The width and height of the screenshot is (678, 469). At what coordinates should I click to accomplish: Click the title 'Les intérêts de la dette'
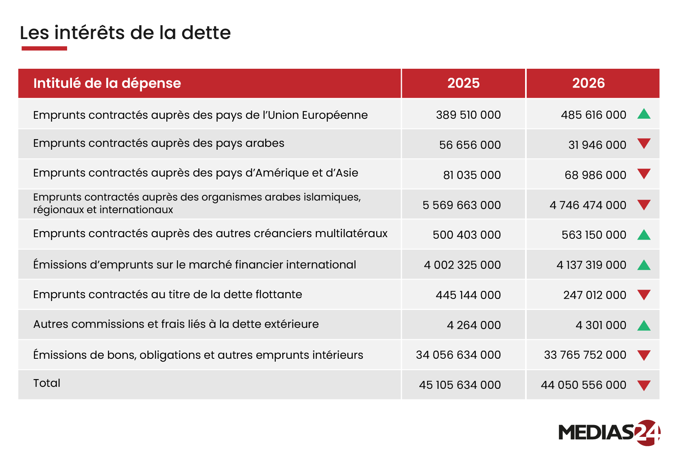pyautogui.click(x=125, y=33)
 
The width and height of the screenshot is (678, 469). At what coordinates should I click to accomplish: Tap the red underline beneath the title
pyautogui.click(x=44, y=48)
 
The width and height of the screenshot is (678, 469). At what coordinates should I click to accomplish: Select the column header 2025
pyautogui.click(x=463, y=83)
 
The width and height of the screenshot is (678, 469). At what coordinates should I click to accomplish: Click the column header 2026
pyautogui.click(x=588, y=83)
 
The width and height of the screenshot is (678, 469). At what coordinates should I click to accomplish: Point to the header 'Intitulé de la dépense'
pyautogui.click(x=107, y=83)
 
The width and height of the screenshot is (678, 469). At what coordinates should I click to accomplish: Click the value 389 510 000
pyautogui.click(x=468, y=115)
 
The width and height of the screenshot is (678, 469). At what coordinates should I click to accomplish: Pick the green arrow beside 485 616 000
pyautogui.click(x=644, y=114)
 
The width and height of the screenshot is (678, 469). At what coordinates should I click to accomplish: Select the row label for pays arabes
pyautogui.click(x=159, y=143)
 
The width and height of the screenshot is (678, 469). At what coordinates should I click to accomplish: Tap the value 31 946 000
pyautogui.click(x=597, y=145)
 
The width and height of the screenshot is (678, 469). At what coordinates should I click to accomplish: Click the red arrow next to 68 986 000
pyautogui.click(x=644, y=174)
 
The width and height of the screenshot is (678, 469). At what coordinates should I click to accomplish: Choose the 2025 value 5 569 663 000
pyautogui.click(x=462, y=205)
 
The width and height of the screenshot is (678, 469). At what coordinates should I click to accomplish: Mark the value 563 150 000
pyautogui.click(x=594, y=235)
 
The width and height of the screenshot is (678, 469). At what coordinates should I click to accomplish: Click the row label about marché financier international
pyautogui.click(x=194, y=265)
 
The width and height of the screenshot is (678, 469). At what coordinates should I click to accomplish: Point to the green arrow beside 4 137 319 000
pyautogui.click(x=644, y=265)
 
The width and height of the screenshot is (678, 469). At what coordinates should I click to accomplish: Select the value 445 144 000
pyautogui.click(x=468, y=295)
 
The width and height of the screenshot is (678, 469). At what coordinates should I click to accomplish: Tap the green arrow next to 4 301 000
pyautogui.click(x=644, y=325)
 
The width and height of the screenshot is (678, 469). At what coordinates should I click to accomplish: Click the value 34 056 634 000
pyautogui.click(x=458, y=355)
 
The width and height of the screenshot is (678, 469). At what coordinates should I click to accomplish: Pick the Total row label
pyautogui.click(x=47, y=383)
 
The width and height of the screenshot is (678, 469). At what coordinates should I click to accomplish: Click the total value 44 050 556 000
pyautogui.click(x=583, y=385)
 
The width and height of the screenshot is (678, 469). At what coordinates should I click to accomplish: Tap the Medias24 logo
pyautogui.click(x=609, y=432)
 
